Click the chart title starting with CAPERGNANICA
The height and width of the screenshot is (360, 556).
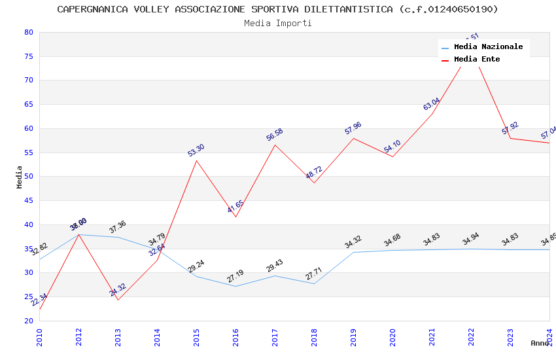click(x=277, y=9)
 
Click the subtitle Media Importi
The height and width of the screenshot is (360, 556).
click(x=277, y=24)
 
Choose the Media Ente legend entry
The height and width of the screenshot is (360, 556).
click(x=477, y=60)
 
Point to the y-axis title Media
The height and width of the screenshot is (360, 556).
click(x=20, y=177)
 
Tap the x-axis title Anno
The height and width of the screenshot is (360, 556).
click(x=540, y=343)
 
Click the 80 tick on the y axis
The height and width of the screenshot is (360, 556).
click(x=28, y=32)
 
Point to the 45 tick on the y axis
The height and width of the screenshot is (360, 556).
click(x=28, y=201)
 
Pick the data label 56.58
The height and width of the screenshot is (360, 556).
click(x=274, y=135)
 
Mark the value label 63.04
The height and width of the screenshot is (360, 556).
click(x=431, y=104)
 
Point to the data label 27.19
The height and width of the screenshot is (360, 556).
click(x=235, y=277)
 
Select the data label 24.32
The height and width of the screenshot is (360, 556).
click(x=118, y=290)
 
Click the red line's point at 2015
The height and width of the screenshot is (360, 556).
click(x=196, y=160)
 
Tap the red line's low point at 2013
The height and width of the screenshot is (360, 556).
click(x=118, y=300)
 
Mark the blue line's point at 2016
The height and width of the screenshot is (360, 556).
click(x=235, y=286)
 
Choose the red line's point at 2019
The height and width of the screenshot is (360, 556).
click(x=353, y=138)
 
